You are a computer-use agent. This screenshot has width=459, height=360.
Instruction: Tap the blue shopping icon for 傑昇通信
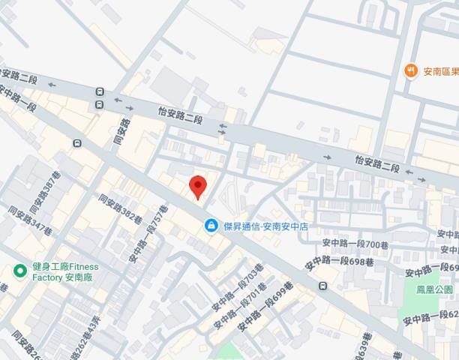(x=212, y=225)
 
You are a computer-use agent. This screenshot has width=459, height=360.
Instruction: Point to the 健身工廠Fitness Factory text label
(x=65, y=271)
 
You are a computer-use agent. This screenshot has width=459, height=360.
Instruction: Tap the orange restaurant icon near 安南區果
(x=410, y=71)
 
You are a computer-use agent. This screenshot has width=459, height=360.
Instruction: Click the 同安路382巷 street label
(x=120, y=209)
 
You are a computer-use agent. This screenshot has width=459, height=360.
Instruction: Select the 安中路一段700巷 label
(x=355, y=243)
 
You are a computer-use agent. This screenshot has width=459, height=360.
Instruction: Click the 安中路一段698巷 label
(x=339, y=262)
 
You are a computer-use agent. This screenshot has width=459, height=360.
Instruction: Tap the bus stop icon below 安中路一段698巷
(x=322, y=285)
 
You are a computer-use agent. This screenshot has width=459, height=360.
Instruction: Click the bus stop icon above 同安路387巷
(x=77, y=143)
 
